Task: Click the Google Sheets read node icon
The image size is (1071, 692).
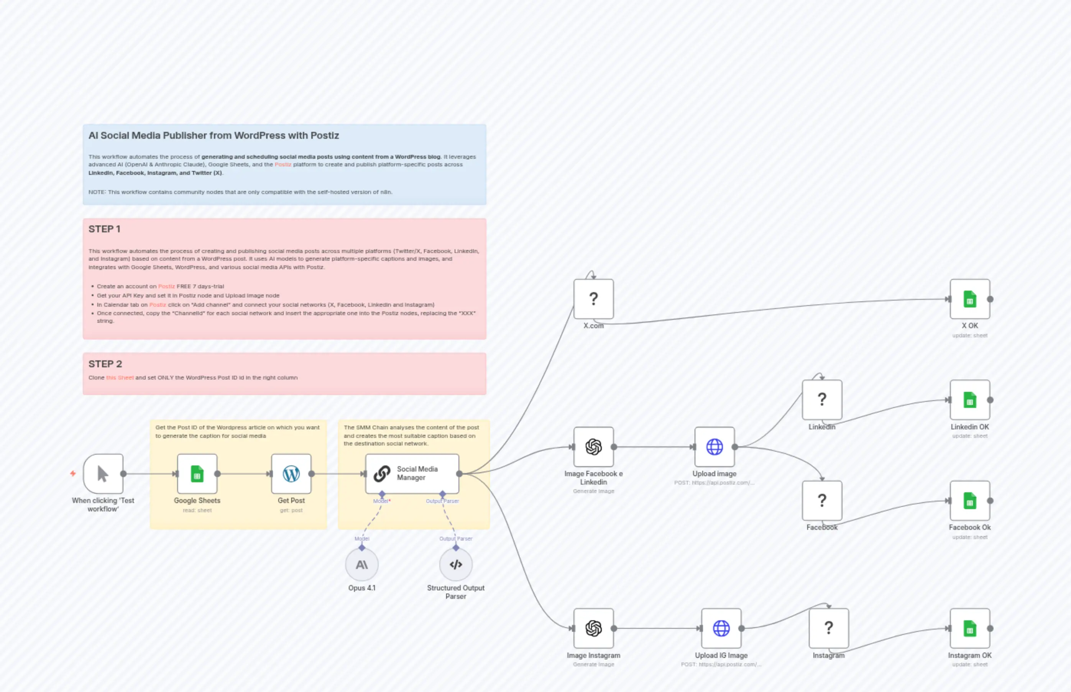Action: point(197,473)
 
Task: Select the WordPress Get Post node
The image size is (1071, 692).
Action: point(291,473)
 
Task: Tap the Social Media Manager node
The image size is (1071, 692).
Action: point(412,473)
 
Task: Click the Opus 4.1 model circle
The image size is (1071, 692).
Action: point(361,564)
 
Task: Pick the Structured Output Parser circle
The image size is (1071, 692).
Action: point(455,564)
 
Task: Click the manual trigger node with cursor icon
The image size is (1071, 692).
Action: point(103,473)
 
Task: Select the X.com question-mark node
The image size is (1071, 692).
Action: point(593,299)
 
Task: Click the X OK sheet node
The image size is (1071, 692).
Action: point(969,299)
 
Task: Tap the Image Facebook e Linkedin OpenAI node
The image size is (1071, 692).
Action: point(593,447)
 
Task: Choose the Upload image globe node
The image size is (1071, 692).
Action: point(714,447)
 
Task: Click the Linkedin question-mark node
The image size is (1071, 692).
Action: point(822,399)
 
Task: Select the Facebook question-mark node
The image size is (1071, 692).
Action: point(822,500)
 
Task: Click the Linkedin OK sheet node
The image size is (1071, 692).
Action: point(969,399)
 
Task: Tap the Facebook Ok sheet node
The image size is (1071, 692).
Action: point(969,500)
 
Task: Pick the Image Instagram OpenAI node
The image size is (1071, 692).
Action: point(593,628)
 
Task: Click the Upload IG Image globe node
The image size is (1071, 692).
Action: point(721,628)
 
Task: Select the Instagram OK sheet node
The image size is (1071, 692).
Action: point(969,628)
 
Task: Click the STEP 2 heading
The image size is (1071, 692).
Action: point(105,363)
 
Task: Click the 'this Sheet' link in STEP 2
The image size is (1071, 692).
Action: point(120,378)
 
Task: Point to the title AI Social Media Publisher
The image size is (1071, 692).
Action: point(214,135)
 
